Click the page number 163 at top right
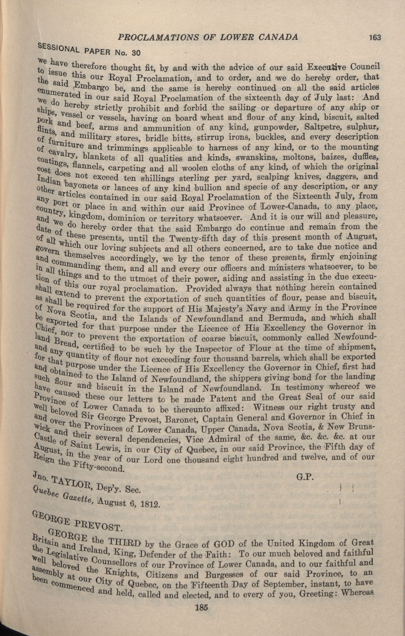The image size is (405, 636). point(375,37)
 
